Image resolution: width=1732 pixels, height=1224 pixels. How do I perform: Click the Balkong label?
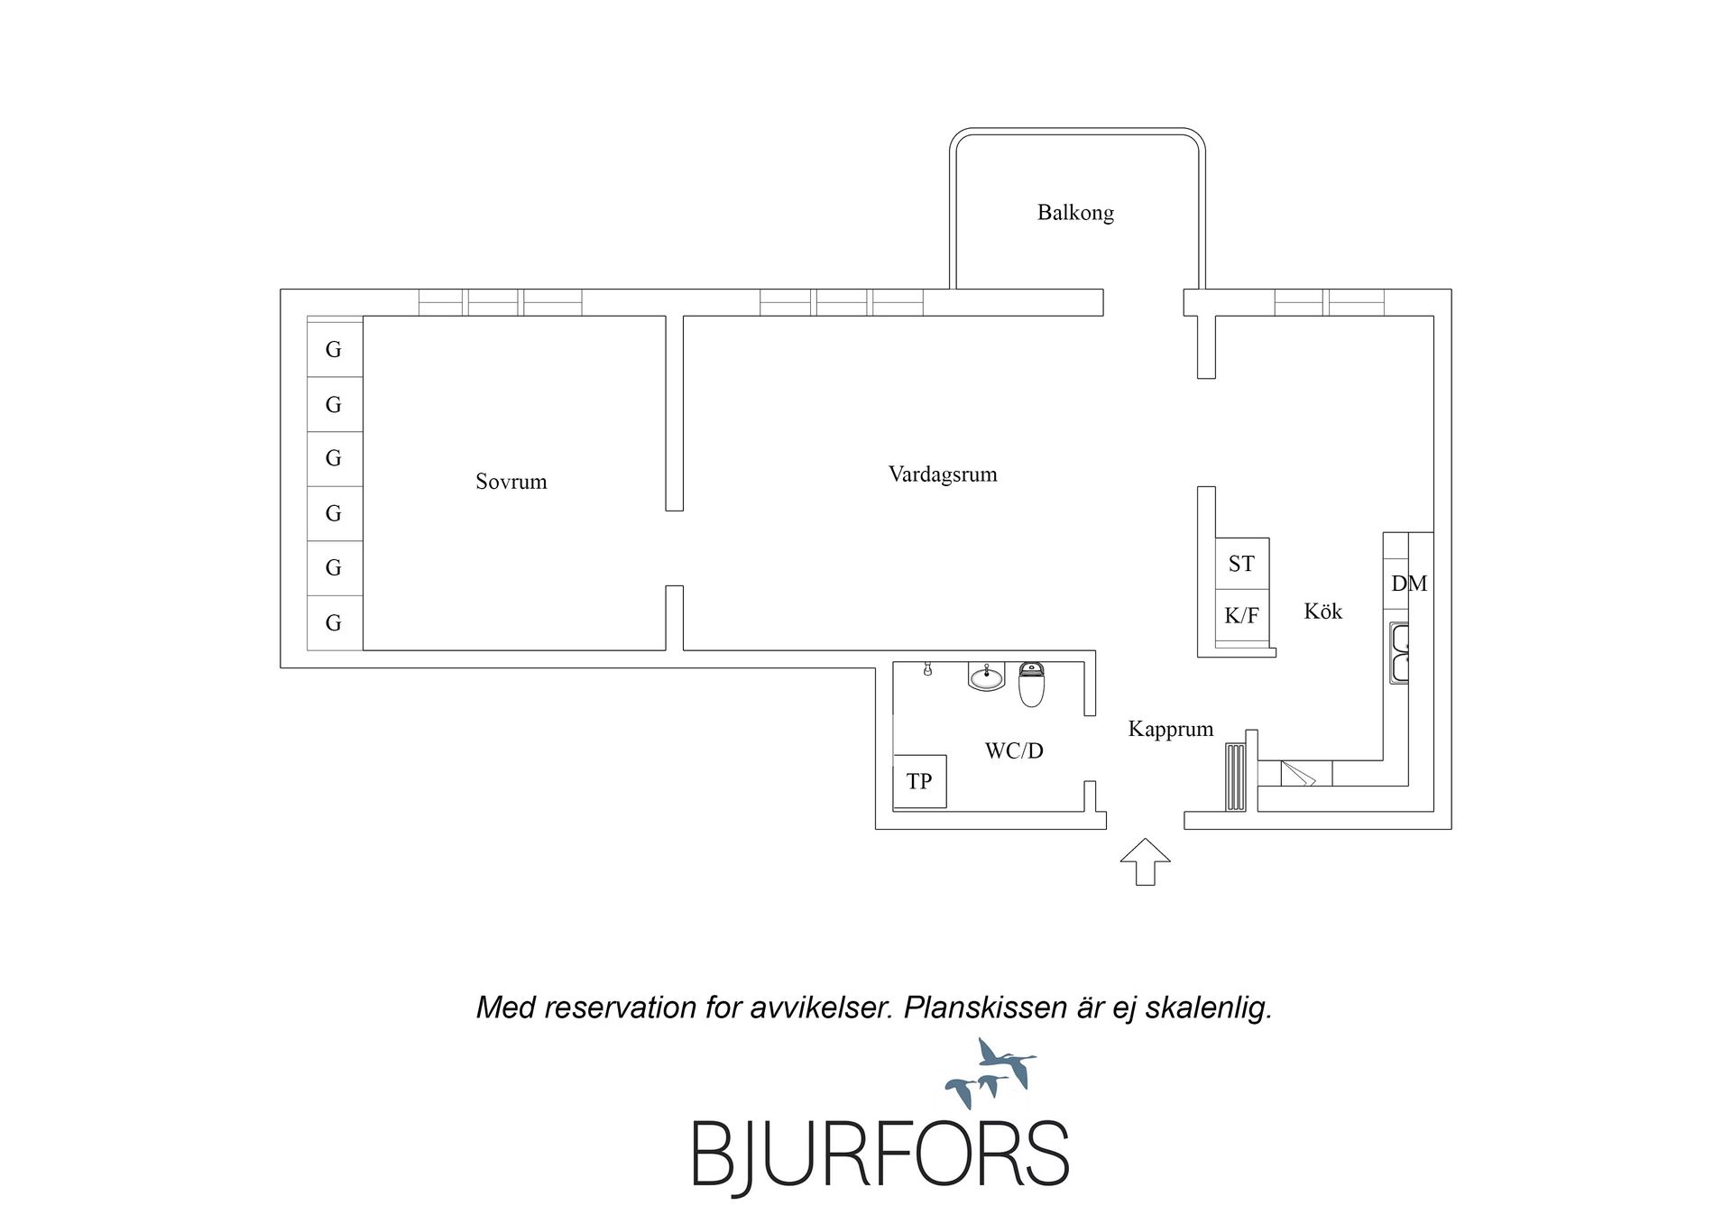coord(1075,213)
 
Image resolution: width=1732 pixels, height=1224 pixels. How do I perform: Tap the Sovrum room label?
coord(511,482)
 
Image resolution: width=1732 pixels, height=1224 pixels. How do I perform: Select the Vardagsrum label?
coord(943,474)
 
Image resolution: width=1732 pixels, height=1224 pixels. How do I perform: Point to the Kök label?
coord(1323,612)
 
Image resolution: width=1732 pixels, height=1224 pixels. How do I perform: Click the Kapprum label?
coord(1171,729)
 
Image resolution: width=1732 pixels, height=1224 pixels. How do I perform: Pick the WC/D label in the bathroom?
coord(1014,750)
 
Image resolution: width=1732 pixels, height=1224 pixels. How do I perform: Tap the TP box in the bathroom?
coord(919,781)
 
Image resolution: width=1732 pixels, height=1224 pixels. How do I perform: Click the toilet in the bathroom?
coord(1031,684)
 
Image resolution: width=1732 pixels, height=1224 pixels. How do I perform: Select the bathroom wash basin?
coord(987,676)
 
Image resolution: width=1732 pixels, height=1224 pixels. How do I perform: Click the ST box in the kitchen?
coord(1242,565)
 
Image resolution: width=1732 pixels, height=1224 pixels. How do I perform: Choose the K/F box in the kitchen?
coord(1242,616)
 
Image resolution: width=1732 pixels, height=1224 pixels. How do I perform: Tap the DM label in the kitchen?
coord(1409,584)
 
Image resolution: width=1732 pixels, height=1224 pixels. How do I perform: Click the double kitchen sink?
coord(1398,653)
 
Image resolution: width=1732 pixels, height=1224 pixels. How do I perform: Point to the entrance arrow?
coord(1146,861)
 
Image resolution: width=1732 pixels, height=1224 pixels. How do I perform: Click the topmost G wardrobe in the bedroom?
coord(335,349)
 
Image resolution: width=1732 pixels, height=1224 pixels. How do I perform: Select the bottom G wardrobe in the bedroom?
coord(335,622)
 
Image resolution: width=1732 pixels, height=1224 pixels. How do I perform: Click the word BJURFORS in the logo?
coord(880,1155)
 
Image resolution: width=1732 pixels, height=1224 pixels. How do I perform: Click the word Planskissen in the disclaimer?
coord(986,1008)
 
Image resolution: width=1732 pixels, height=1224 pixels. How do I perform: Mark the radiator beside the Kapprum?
coord(1235,777)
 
